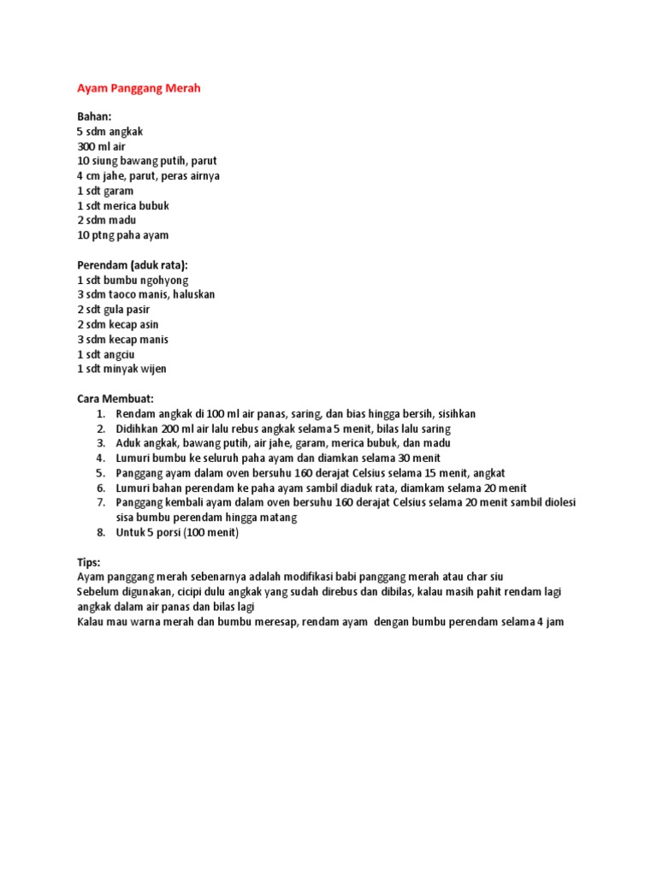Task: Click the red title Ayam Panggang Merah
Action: click(139, 88)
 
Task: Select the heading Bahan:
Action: click(94, 116)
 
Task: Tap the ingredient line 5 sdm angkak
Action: click(109, 132)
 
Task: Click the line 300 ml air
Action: click(101, 146)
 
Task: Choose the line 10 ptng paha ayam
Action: click(122, 235)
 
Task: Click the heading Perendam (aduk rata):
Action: click(132, 265)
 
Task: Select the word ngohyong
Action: click(167, 280)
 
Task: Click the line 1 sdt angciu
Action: click(106, 354)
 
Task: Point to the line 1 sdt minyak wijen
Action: click(121, 369)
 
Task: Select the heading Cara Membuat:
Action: click(115, 399)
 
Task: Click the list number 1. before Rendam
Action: click(100, 414)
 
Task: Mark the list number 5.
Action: click(100, 472)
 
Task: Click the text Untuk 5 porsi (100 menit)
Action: click(177, 532)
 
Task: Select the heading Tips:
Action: click(89, 562)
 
